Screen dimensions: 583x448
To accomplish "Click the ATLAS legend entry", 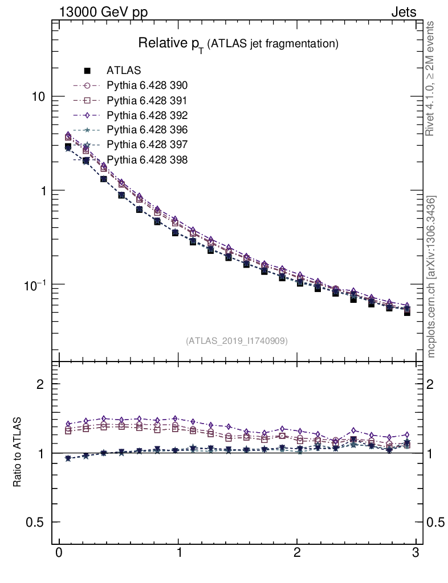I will pos(124,71).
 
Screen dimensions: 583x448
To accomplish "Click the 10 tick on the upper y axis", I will pos(39,97).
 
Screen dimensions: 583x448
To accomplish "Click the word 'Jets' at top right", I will pos(404,12).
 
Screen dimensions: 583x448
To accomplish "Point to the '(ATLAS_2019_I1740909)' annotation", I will pos(237,340).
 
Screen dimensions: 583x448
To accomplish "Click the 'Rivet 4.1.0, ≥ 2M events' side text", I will pos(430,79).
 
